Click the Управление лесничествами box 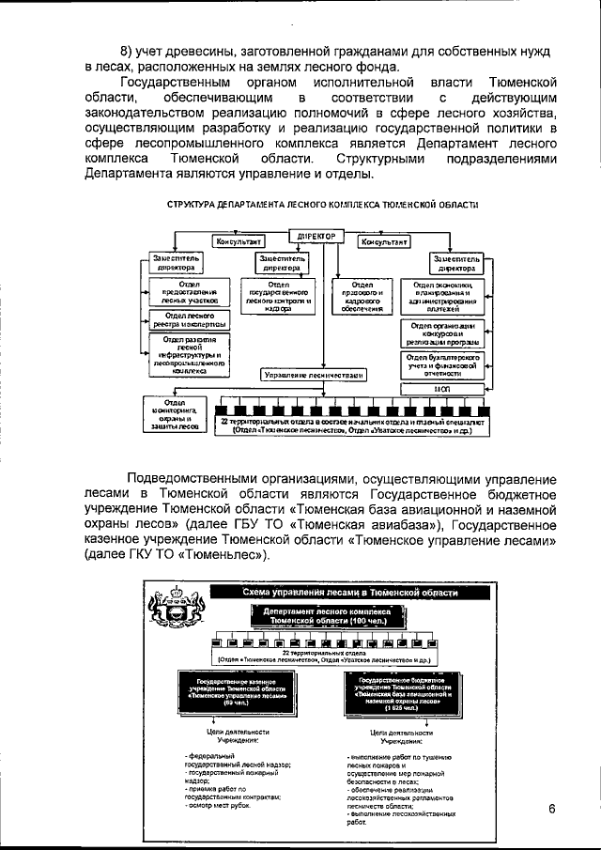coord(313,374)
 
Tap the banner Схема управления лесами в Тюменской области coord(350,594)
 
